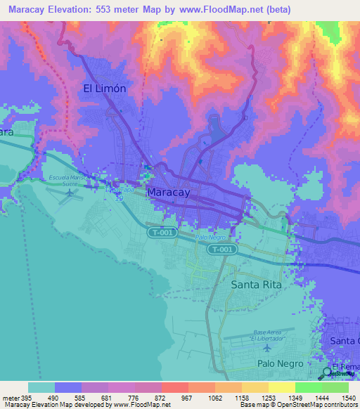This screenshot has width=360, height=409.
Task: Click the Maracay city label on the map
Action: (x=169, y=191)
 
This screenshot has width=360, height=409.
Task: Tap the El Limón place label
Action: (x=105, y=89)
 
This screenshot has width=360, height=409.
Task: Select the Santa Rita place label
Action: (x=256, y=285)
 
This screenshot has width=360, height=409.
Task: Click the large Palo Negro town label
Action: (x=280, y=363)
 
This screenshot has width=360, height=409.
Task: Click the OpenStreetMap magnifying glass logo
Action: (x=328, y=373)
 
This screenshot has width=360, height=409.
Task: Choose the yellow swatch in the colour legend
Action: (x=281, y=387)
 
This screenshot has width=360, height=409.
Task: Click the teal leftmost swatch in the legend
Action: (x=41, y=387)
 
